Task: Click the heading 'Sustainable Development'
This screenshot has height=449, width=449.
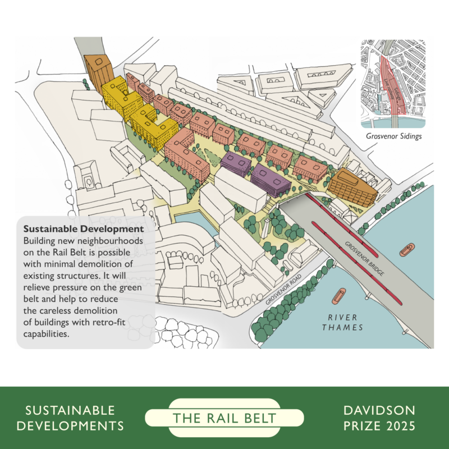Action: pos(83,230)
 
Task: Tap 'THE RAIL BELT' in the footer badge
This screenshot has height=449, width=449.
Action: pos(224,418)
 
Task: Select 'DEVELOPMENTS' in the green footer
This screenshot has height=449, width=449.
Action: pos(70,426)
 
